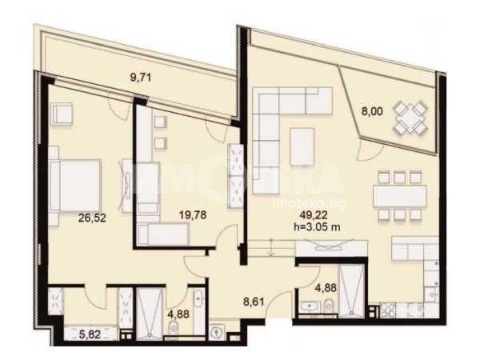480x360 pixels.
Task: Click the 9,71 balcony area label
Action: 141,77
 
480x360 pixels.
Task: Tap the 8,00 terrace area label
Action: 372,111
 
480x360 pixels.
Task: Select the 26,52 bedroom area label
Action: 92,218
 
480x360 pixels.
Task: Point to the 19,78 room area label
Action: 193,215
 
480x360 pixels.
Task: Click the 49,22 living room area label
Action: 314,215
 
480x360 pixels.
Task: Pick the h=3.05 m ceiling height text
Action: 317,227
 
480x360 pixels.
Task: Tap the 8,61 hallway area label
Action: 254,302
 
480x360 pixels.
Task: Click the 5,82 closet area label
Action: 90,334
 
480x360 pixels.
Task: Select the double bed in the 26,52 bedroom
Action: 75,186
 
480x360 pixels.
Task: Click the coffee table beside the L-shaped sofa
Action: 302,146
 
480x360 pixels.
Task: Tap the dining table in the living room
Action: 399,196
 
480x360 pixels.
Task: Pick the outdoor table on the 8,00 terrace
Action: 410,118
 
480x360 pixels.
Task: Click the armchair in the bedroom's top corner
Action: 62,114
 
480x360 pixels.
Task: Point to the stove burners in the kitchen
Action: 388,310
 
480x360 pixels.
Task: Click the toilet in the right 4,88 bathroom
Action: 329,306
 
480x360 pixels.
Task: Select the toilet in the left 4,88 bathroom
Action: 174,329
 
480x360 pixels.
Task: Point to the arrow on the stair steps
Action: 271,247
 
